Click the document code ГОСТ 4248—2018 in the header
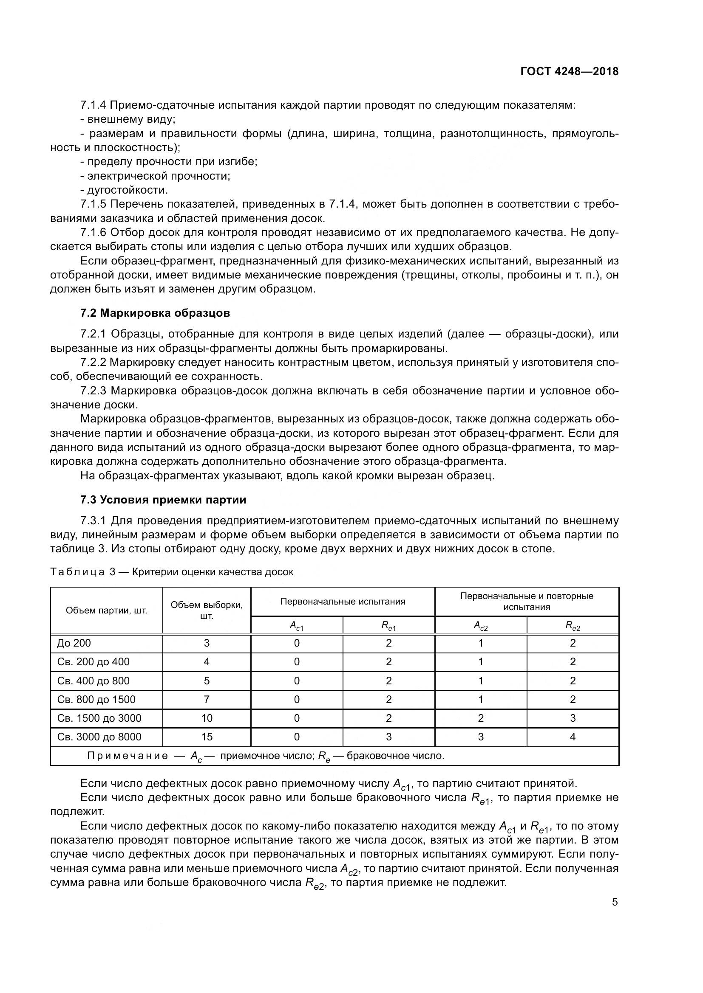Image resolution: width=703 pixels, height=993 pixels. pos(569,72)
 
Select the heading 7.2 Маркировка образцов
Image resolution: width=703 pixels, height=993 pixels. pos(155,313)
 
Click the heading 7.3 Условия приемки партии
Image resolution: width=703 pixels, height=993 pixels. pos(163,500)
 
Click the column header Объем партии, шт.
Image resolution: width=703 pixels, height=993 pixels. pos(107,610)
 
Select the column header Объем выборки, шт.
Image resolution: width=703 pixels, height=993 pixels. pos(207,610)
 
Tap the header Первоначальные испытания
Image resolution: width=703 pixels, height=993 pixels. pos(343,601)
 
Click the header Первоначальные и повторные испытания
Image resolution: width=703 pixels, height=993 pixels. pos(526,601)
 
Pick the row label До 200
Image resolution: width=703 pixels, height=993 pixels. pos(74,643)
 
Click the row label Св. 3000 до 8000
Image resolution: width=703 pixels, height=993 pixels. pos(99,737)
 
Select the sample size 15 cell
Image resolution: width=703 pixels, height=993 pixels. pos(207,737)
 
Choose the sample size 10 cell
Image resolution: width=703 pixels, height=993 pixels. pos(207,718)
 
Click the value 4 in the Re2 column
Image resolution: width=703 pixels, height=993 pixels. pos(572,737)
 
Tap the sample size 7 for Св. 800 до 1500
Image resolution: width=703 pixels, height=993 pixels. pos(207,699)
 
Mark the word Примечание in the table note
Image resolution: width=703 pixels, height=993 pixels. pos(128,756)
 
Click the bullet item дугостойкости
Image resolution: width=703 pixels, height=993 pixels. pos(127,190)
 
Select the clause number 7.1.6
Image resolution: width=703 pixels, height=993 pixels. pos(93,232)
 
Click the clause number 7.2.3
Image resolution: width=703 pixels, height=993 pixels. pos(93,391)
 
